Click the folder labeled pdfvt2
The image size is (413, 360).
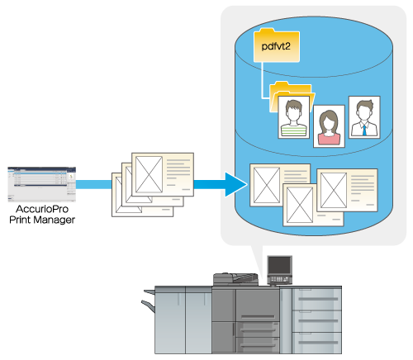pyautogui.click(x=277, y=45)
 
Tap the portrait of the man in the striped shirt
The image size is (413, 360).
pyautogui.click(x=294, y=117)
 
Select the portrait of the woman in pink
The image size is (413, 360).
pyautogui.click(x=329, y=126)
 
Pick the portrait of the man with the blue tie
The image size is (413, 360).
pyautogui.click(x=364, y=117)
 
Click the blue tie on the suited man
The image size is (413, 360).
pyautogui.click(x=364, y=130)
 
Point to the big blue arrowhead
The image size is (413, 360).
pyautogui.click(x=236, y=184)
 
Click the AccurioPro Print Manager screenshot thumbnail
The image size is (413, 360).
pyautogui.click(x=42, y=184)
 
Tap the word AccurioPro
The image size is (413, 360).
pyautogui.click(x=42, y=209)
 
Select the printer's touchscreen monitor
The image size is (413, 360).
pyautogui.click(x=279, y=265)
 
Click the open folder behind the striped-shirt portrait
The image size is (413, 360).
pyautogui.click(x=291, y=97)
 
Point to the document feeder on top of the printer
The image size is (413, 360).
pyautogui.click(x=235, y=278)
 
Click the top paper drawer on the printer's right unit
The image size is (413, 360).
pyautogui.click(x=316, y=299)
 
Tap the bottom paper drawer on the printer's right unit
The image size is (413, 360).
pyautogui.click(x=316, y=343)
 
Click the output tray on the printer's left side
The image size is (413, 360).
pyautogui.click(x=148, y=306)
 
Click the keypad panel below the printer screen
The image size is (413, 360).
pyautogui.click(x=279, y=279)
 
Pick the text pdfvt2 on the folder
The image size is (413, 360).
pyautogui.click(x=276, y=46)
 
